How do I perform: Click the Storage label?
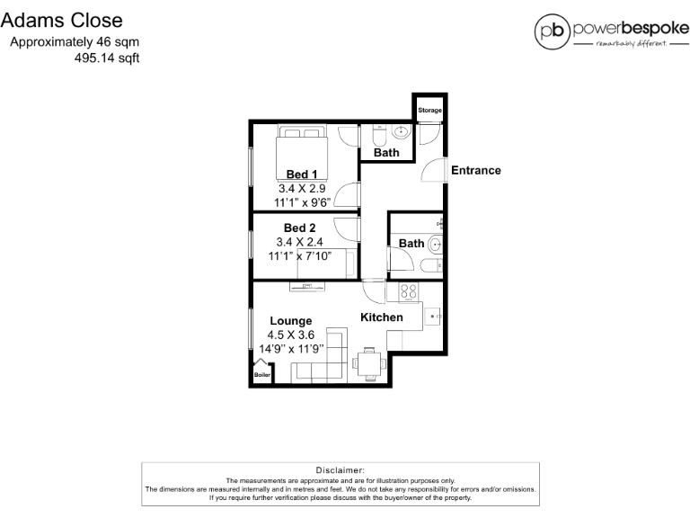point(430,111)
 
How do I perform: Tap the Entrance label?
point(475,170)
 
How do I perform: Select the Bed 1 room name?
point(301,174)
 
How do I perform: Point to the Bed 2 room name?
point(299,228)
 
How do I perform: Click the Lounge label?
point(291,321)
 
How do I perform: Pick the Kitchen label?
point(381,317)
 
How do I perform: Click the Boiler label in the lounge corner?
point(261,375)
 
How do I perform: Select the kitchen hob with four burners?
point(407,292)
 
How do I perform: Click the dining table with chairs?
point(368,362)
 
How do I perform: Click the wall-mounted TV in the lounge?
point(308,287)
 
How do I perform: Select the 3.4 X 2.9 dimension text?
point(301,189)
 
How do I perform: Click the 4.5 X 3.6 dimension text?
point(291,335)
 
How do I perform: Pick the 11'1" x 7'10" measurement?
point(300,255)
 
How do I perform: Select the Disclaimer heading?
point(341,470)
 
